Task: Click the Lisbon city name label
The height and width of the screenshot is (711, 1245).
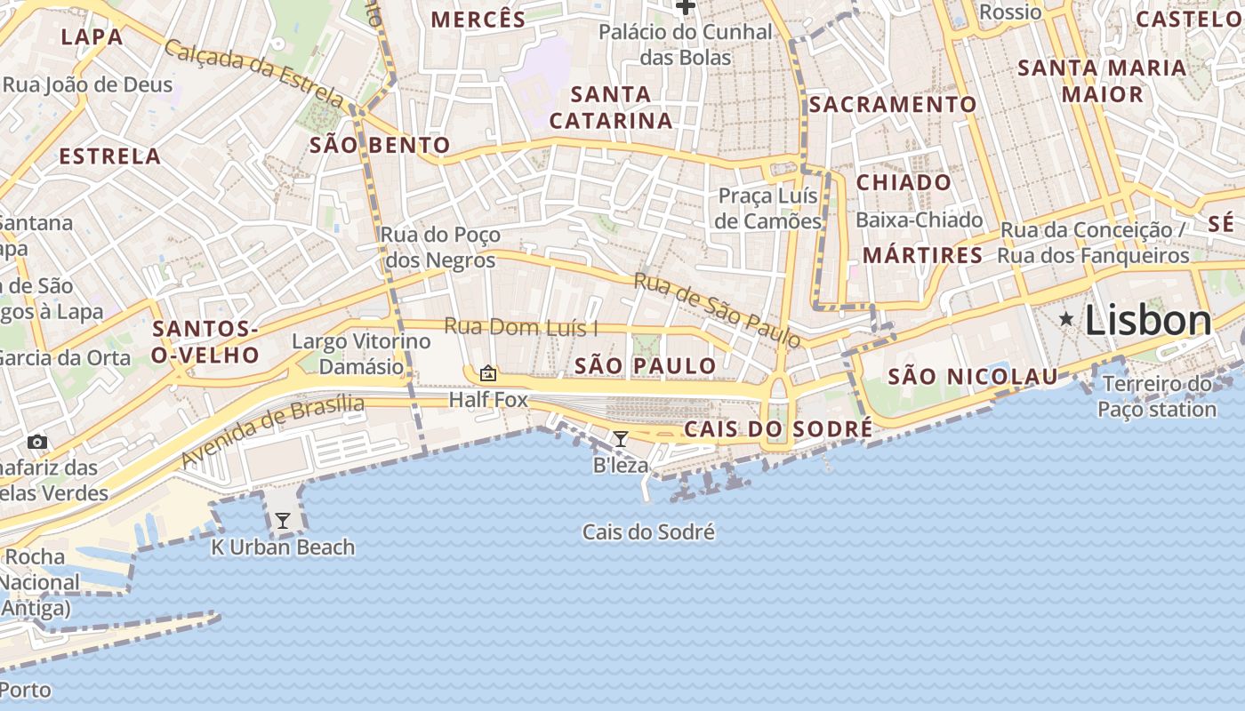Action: pos(1147,321)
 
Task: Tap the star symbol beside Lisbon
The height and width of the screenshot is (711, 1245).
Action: pos(1065,318)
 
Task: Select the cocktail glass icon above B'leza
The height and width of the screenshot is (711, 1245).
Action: pos(621,438)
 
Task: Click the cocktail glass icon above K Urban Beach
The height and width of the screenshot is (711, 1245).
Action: pos(282,521)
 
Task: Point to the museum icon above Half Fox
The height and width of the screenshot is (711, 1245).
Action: pos(487,373)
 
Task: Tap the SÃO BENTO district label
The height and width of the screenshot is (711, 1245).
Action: pos(380,145)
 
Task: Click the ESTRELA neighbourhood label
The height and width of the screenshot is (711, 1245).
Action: pos(109,156)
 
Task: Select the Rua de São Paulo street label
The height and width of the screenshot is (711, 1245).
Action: pos(717,310)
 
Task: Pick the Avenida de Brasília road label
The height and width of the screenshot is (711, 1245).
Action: pos(272,432)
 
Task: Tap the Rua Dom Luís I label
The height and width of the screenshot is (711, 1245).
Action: pos(520,327)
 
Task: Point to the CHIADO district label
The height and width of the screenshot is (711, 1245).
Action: pos(904,182)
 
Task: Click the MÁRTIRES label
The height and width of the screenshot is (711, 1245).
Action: pos(922,255)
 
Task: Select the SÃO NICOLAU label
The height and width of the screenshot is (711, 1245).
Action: pos(973,376)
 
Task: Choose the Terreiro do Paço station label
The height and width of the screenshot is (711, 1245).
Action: pos(1156,396)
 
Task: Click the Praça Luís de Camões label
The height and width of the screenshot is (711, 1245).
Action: pos(768,208)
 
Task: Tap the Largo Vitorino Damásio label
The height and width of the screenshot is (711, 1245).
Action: pos(361,354)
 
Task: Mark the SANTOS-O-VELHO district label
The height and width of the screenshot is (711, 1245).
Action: pos(205,342)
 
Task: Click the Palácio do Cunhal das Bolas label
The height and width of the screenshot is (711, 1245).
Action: pos(686,44)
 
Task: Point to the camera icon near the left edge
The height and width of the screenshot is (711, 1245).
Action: pos(37,442)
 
